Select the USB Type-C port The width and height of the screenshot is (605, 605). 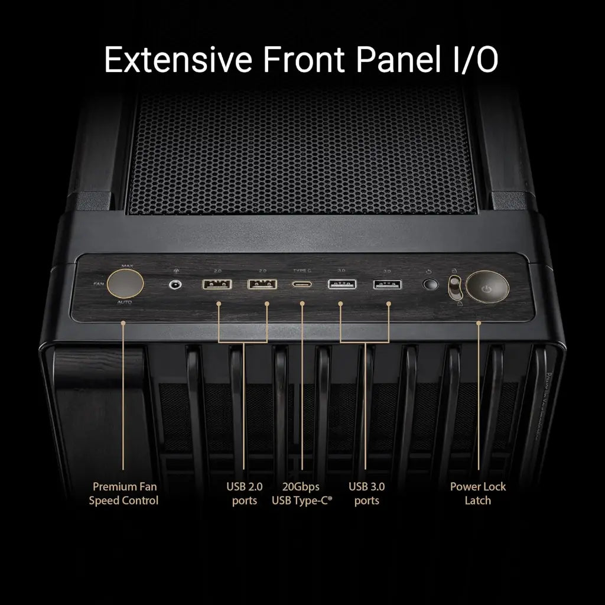coord(301,284)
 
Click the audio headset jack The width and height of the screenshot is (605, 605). coord(175,284)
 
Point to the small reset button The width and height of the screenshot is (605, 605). coord(431,285)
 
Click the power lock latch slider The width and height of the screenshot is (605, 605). coord(456,287)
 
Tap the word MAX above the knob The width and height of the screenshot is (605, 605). coord(126,266)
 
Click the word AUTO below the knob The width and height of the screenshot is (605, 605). coord(125,302)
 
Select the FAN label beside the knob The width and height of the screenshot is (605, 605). coord(99,284)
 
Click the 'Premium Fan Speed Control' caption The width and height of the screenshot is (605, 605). coord(123,493)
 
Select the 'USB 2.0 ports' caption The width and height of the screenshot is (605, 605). coord(244,493)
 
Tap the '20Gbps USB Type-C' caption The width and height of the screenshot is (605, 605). coord(301,493)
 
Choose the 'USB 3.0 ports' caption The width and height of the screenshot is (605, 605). coord(366,493)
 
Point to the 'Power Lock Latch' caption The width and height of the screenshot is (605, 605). coord(478,493)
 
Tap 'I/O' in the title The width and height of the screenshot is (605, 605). coord(474,61)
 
